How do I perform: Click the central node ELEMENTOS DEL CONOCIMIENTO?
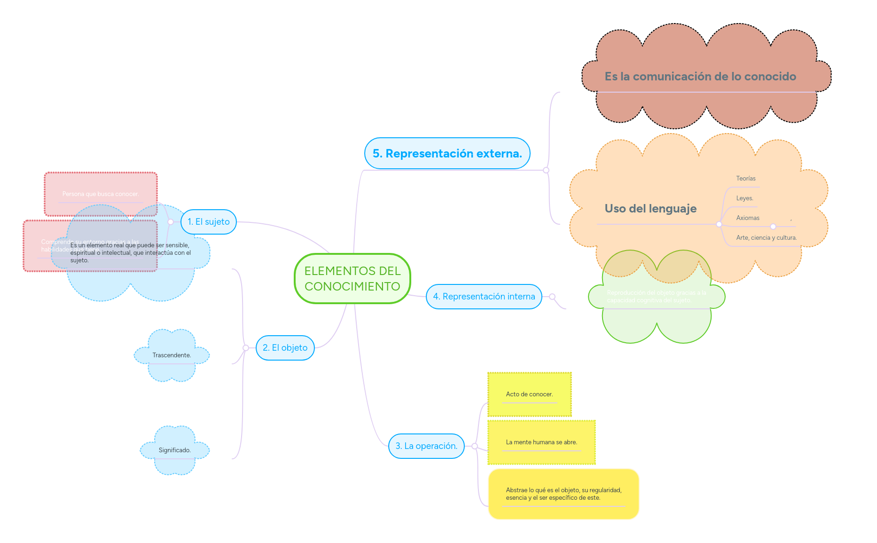coord(352,278)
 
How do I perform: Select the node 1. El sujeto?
coord(209,222)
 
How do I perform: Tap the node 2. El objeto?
coord(285,348)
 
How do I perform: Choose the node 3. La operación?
coord(426,446)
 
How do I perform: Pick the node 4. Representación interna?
coord(484,297)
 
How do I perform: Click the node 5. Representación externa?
coord(447,154)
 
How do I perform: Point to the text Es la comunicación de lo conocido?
coord(700,77)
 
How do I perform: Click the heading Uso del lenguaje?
coord(650,209)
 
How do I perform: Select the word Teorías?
coord(746,179)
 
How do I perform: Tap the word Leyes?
coord(744,198)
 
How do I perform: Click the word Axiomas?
coord(748,218)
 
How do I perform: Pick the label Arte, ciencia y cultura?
coord(766,238)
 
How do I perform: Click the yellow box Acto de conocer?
coord(529,394)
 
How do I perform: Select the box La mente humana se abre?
coord(541,442)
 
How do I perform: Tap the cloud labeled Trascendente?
coord(172,355)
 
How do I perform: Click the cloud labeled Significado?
coord(174,450)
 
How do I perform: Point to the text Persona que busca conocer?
coord(101,194)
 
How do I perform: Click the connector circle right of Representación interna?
coord(552,297)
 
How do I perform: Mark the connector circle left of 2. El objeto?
coord(246,348)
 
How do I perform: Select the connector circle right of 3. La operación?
coord(475,446)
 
